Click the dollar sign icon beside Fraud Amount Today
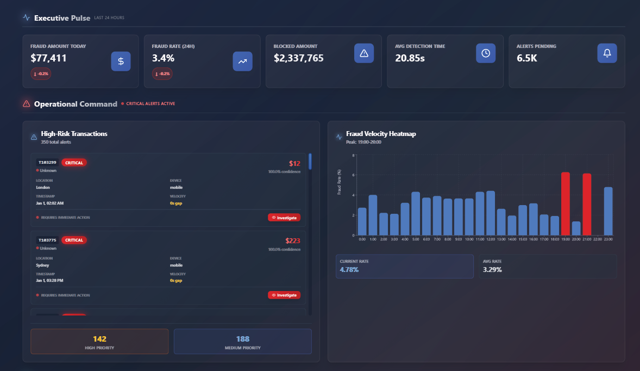coord(121,61)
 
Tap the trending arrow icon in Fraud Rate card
coord(242,61)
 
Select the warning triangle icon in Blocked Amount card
coord(364,53)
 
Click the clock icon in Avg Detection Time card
coord(486,53)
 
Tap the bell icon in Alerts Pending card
coord(607,53)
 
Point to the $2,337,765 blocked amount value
coord(299,58)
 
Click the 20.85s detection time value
coord(410,58)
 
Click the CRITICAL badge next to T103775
coord(74,240)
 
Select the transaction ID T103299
coord(47,162)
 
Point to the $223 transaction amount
coord(292,240)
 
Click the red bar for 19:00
coord(566,203)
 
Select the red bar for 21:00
coord(587,204)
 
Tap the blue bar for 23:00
coord(608,211)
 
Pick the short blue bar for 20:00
coord(576,228)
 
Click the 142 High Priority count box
coord(99,341)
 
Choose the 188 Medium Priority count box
coord(243,341)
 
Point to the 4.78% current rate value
coord(349,269)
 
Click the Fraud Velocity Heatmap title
coord(381,134)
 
